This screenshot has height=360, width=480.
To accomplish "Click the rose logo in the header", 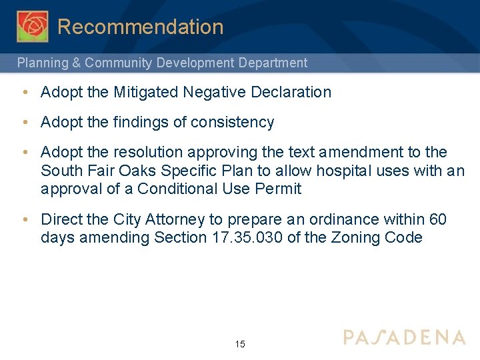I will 32,26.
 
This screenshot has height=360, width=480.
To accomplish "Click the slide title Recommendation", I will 140,27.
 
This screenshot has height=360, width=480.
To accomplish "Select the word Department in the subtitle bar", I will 273,63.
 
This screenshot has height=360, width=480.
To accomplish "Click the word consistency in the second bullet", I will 233,122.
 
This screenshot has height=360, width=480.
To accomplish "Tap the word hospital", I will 344,171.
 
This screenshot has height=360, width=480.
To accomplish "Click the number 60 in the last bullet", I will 437,219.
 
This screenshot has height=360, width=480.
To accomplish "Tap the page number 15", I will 240,344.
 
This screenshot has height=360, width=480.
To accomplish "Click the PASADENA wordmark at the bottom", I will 404,337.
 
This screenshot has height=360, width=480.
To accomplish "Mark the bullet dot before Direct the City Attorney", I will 25,219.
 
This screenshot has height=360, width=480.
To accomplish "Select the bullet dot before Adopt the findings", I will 25,122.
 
